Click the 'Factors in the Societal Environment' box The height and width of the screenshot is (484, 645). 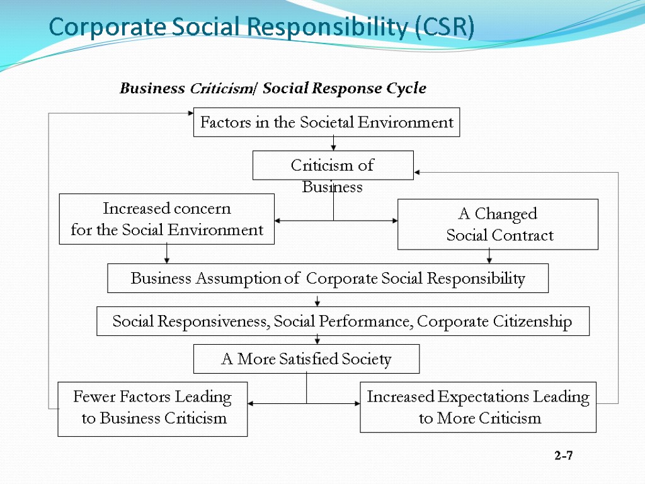click(x=326, y=122)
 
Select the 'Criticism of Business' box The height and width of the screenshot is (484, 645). click(x=333, y=166)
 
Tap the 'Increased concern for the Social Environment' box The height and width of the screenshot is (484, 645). click(x=166, y=219)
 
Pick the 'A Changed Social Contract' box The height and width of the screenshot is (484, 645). click(x=498, y=224)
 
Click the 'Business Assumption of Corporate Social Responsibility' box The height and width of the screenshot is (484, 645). click(x=328, y=278)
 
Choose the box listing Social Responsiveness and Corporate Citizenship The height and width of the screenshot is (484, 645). click(x=343, y=321)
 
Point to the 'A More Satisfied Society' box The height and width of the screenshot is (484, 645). click(x=306, y=359)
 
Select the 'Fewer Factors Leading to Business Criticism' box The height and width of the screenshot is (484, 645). click(x=152, y=408)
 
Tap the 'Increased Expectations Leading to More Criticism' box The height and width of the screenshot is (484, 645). click(x=477, y=407)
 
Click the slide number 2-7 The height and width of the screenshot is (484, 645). click(x=564, y=456)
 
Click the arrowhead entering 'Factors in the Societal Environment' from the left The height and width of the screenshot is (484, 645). click(x=190, y=113)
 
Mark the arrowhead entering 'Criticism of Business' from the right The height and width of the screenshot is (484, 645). click(x=418, y=171)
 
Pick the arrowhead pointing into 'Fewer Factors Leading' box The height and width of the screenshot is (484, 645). click(x=251, y=403)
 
